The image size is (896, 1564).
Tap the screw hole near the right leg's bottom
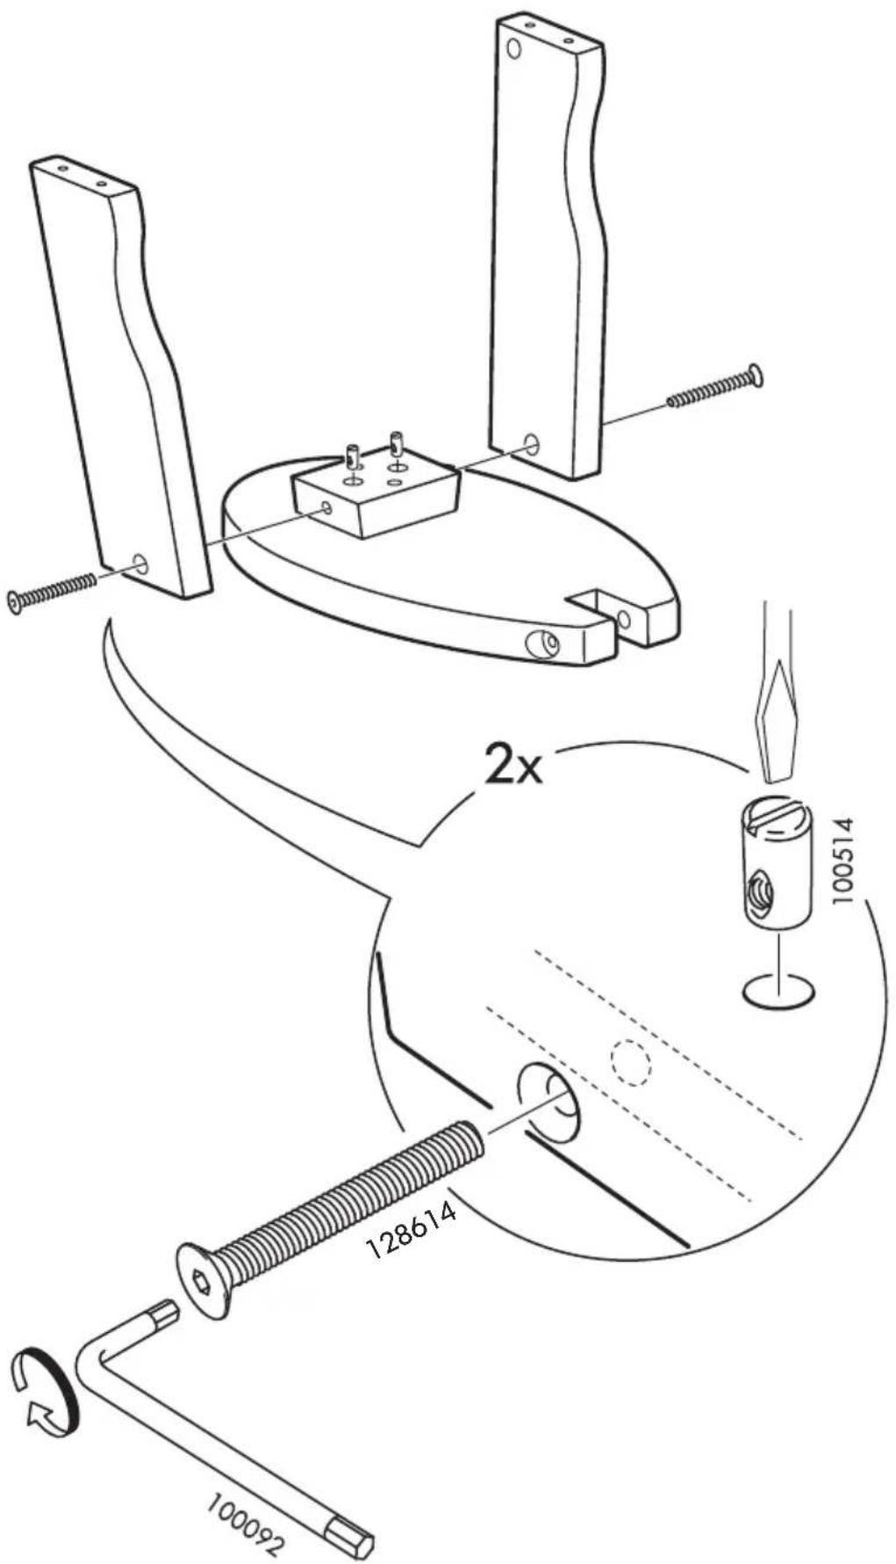[531, 441]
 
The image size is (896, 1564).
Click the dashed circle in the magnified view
[631, 1063]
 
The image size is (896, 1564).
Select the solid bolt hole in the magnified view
[548, 1102]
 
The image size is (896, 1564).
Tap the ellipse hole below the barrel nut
[778, 992]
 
